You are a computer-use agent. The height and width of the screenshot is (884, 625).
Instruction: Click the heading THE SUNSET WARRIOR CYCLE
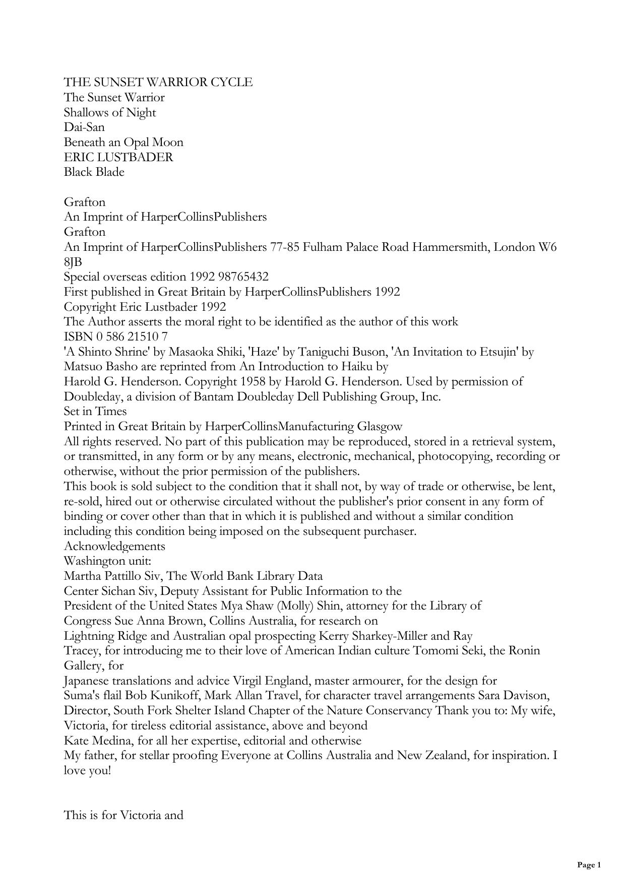pos(158,82)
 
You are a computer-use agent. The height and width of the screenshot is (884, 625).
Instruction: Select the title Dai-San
pos(84,127)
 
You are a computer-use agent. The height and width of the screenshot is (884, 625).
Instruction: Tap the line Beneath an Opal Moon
pos(123,142)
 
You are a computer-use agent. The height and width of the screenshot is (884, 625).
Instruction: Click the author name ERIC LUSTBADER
pos(118,157)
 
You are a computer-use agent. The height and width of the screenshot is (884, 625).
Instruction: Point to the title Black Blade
pos(94,172)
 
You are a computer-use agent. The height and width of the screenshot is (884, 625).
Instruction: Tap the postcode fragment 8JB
pos(73,262)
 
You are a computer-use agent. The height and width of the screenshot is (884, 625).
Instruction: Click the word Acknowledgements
pos(114,546)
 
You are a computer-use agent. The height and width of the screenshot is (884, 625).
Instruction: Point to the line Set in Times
pos(95,412)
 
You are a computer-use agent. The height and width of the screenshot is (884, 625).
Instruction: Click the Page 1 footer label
pos(589,865)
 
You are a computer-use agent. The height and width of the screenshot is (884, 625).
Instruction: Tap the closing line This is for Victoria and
pos(123,815)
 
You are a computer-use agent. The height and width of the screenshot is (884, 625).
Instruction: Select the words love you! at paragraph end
pos(87,770)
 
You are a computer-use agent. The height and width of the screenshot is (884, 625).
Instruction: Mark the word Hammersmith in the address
pos(449,247)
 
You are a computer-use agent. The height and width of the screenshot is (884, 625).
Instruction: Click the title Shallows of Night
pos(110,112)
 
